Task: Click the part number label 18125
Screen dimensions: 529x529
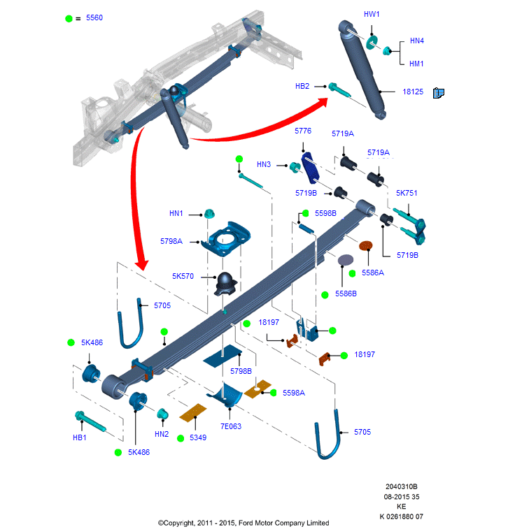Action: coord(413,92)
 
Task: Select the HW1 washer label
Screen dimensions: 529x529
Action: coord(372,14)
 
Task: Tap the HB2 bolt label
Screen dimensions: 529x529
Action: coord(302,86)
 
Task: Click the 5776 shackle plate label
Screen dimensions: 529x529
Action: coord(303,131)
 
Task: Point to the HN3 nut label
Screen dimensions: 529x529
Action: coord(264,164)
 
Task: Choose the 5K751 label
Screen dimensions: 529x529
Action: coord(407,193)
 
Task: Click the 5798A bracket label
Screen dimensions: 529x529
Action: coord(171,241)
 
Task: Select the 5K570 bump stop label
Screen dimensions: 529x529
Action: coord(183,276)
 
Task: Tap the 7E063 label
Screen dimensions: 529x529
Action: coord(231,426)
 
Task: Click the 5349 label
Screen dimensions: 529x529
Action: coord(198,437)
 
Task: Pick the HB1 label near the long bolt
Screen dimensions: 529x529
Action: coord(79,437)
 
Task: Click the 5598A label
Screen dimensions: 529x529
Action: coord(294,393)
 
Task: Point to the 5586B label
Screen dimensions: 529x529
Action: coord(346,294)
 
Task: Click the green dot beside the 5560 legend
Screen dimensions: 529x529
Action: coord(69,19)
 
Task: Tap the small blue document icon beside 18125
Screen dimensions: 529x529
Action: coord(439,93)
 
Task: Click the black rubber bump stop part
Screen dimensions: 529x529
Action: coord(225,284)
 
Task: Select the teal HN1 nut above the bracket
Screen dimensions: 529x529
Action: coord(209,214)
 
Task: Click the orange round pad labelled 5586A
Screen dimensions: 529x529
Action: coord(365,245)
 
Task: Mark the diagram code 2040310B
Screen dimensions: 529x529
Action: coord(402,486)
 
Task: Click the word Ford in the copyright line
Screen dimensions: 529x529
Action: coord(246,523)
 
